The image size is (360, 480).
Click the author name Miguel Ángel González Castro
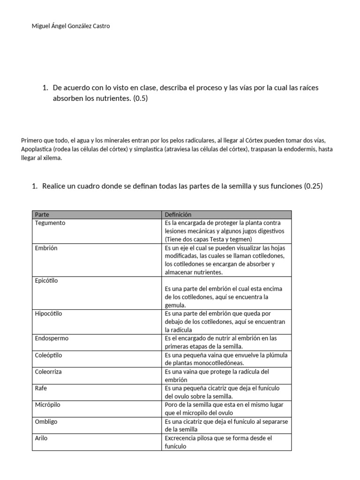(x=71, y=26)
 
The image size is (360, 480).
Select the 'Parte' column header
(x=42, y=215)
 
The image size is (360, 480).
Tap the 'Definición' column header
(x=178, y=215)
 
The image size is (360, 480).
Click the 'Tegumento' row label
(x=50, y=223)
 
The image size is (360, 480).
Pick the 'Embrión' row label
(x=46, y=248)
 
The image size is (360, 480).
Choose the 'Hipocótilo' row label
(x=49, y=314)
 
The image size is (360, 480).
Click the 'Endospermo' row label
(x=52, y=338)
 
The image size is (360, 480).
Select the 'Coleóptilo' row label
(x=48, y=355)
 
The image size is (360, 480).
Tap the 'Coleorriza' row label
(x=48, y=372)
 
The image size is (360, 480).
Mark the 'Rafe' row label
(x=41, y=388)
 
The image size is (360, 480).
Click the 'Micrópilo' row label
(x=47, y=405)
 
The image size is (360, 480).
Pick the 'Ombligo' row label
(x=46, y=421)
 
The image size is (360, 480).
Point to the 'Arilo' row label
(x=41, y=438)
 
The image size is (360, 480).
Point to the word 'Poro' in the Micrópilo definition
(x=171, y=405)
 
